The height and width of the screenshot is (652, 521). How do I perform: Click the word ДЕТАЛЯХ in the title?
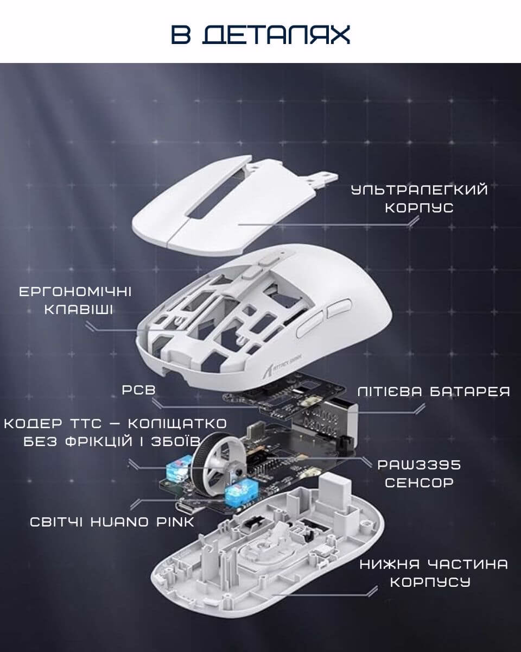point(276,35)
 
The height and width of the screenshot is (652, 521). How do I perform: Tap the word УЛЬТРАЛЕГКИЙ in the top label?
point(420,190)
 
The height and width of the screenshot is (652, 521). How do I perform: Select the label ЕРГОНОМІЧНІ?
point(75,292)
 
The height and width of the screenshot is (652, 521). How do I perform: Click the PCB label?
point(138,390)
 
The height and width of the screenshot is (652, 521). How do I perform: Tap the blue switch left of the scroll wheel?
point(179,469)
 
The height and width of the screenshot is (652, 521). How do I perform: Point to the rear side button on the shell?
point(339,308)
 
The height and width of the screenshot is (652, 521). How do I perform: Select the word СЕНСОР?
point(420,482)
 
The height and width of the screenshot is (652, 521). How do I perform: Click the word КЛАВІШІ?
point(78,310)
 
